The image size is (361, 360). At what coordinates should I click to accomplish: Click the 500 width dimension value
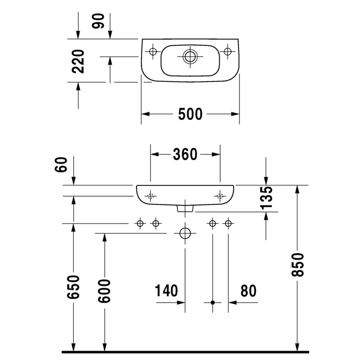[190, 114]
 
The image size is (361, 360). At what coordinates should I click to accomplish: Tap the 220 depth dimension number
[79, 60]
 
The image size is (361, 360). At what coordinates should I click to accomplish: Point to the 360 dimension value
[185, 154]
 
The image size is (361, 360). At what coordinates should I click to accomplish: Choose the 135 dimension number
[266, 198]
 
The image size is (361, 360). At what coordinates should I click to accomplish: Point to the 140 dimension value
[167, 291]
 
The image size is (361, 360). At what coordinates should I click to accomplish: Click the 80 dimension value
[248, 291]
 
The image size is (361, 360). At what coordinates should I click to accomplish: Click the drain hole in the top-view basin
[190, 56]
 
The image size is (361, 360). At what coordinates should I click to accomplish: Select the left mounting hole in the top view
[153, 51]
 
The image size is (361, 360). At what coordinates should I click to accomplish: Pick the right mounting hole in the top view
[227, 51]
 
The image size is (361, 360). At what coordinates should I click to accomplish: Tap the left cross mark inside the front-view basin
[151, 195]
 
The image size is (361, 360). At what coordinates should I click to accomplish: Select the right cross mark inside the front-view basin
[220, 195]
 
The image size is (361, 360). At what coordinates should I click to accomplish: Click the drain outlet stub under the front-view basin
[185, 208]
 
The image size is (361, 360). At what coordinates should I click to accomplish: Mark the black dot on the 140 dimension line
[212, 303]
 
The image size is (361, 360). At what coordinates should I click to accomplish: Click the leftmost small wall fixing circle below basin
[139, 223]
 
